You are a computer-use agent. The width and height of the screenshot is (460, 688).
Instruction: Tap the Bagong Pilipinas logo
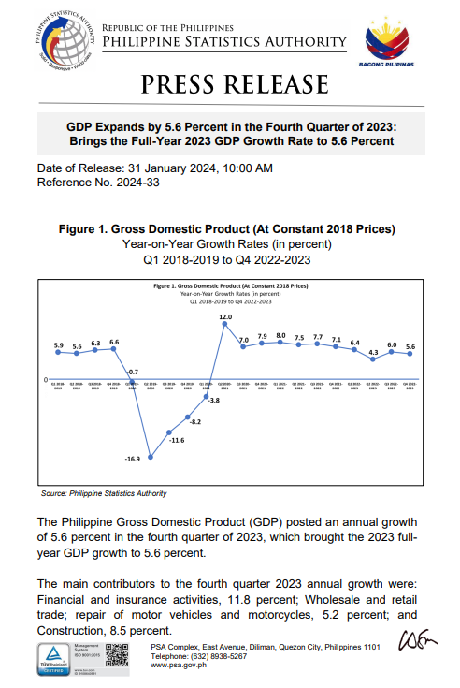tap(386, 40)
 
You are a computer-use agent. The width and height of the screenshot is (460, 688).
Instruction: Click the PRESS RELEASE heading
tap(229, 86)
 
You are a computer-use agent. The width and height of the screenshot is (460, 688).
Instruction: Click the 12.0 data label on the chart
tap(225, 317)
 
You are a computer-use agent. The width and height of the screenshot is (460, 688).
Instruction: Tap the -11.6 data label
tap(177, 439)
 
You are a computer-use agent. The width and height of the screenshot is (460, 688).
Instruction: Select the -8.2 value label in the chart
tap(195, 422)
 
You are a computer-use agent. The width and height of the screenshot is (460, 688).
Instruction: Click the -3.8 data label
tap(213, 401)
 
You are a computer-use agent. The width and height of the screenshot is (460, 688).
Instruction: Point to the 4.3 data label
tap(374, 352)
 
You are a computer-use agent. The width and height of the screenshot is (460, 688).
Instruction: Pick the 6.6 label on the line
tap(114, 343)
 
